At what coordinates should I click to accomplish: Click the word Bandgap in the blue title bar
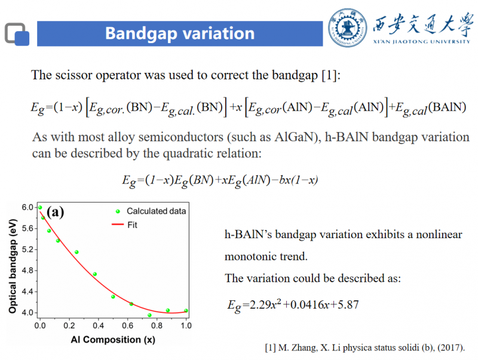click(x=141, y=33)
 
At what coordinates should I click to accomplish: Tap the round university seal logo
click(x=348, y=28)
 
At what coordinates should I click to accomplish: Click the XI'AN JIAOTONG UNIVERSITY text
click(x=422, y=42)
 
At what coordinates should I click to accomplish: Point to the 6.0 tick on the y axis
click(x=27, y=208)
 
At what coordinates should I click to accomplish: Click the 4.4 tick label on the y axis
click(x=27, y=292)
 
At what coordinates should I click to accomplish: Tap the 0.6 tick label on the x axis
click(x=127, y=326)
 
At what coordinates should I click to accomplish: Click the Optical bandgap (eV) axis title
click(x=12, y=266)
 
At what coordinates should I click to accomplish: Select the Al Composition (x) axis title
click(x=113, y=340)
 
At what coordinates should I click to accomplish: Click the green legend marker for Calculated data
click(x=118, y=212)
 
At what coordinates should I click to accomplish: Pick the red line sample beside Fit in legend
click(x=118, y=224)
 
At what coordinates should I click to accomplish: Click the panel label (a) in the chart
click(x=55, y=212)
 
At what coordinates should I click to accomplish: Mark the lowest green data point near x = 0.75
click(x=149, y=315)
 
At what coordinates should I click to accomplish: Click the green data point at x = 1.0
click(x=186, y=311)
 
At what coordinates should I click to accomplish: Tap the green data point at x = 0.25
click(x=76, y=252)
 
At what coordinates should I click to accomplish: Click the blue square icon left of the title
click(x=22, y=38)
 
